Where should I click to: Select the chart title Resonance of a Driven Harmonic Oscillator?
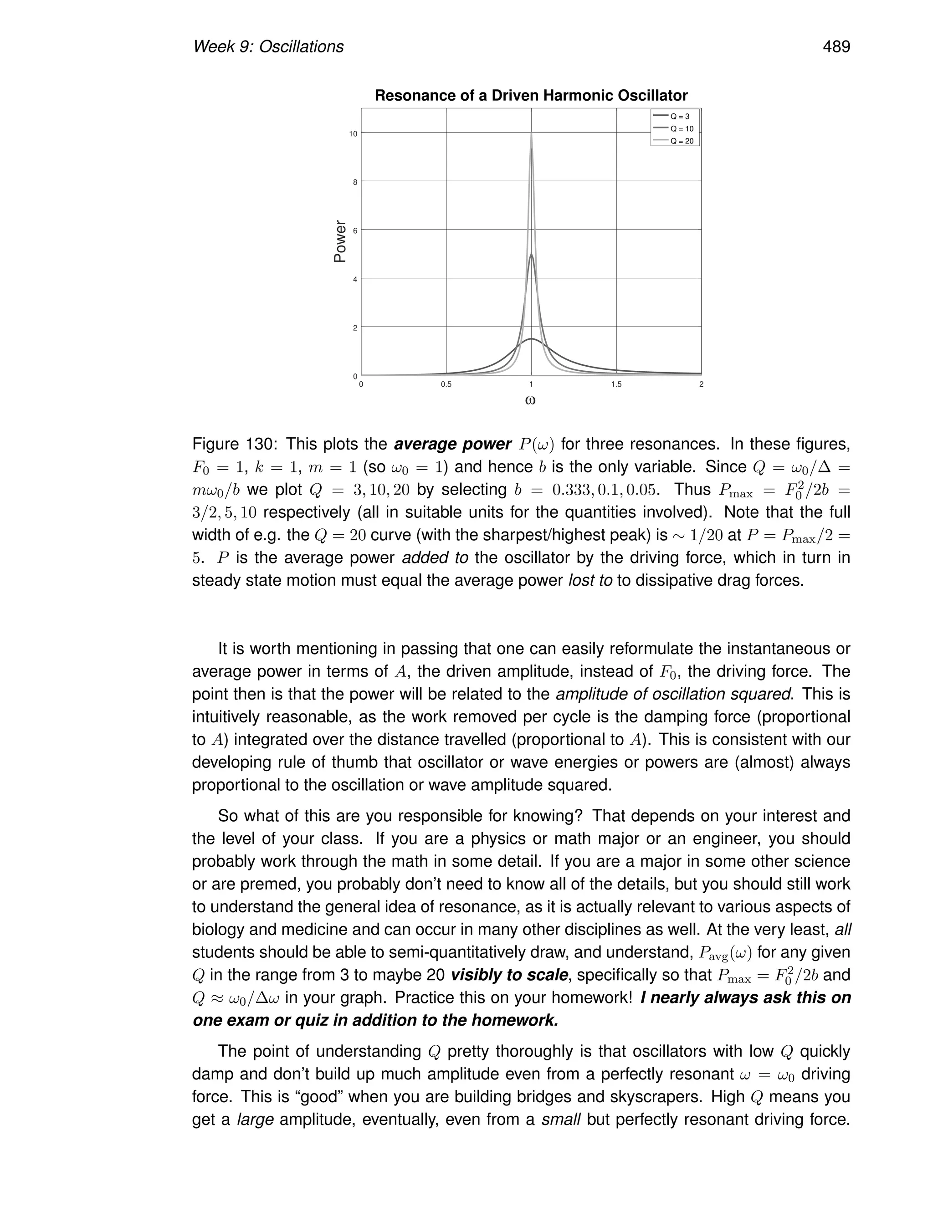click(x=531, y=96)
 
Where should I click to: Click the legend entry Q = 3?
click(x=679, y=117)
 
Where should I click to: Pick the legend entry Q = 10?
click(x=681, y=129)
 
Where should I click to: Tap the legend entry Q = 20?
click(x=681, y=141)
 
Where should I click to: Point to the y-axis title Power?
click(x=340, y=241)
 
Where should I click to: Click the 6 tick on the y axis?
click(x=354, y=230)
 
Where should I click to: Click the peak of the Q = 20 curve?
click(x=531, y=134)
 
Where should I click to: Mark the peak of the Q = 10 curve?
click(x=531, y=254)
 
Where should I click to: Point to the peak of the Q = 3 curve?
click(x=531, y=339)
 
